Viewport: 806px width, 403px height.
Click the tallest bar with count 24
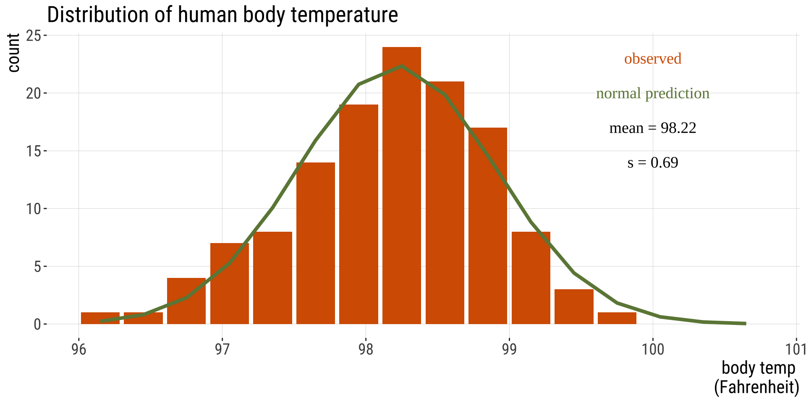pos(401,185)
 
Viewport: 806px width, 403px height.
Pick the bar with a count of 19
pos(359,214)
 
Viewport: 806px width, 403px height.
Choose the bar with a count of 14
pos(315,243)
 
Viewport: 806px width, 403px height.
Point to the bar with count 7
pos(229,283)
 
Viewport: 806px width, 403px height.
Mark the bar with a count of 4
pos(186,301)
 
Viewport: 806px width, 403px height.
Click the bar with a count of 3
pos(574,306)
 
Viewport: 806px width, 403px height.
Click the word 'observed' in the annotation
pos(652,59)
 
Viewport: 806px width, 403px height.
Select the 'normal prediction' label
pos(652,93)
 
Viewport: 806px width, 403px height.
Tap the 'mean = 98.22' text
pos(652,128)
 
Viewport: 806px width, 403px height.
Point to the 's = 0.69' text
pos(652,162)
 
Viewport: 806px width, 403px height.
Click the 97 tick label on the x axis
pos(222,349)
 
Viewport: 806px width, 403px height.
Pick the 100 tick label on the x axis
pos(653,349)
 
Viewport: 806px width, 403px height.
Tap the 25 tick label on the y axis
pos(34,36)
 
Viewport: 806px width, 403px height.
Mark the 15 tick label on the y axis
pos(34,151)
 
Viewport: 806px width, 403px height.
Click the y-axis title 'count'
pos(13,53)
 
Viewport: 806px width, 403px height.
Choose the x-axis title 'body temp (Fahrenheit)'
pos(756,377)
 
